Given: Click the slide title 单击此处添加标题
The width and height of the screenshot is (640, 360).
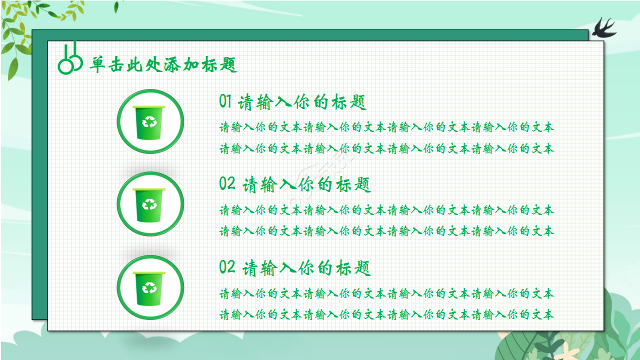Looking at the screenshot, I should tap(163, 65).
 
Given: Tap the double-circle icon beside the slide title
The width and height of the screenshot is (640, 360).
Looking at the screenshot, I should tap(70, 59).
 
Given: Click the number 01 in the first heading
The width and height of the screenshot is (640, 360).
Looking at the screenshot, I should tap(225, 101).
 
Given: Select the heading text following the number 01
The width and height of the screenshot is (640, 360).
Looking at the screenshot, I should tap(302, 102).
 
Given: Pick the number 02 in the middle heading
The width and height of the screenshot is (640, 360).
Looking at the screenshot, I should tap(227, 184).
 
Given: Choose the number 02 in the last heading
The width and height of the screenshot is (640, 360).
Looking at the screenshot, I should tap(227, 267).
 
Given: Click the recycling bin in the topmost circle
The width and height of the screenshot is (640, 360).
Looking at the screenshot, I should tap(149, 122).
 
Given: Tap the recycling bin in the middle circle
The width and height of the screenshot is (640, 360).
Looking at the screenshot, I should tap(149, 204).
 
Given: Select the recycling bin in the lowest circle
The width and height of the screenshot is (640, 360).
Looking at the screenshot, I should tap(149, 287).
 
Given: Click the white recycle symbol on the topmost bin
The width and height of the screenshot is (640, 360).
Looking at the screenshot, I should tap(149, 121).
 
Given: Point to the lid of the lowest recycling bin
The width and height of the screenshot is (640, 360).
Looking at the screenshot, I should tap(149, 273).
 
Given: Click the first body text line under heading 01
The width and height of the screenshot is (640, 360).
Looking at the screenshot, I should tap(386, 127).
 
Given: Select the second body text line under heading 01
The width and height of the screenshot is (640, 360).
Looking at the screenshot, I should tap(386, 148).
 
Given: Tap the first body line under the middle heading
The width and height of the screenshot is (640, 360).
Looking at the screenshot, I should tap(386, 210).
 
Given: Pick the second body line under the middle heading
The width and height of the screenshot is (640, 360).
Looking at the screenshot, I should tap(386, 231).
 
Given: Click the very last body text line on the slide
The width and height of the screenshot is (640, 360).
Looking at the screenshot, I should tap(386, 314).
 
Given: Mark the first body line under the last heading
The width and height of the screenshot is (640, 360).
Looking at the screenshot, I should tap(386, 293).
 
